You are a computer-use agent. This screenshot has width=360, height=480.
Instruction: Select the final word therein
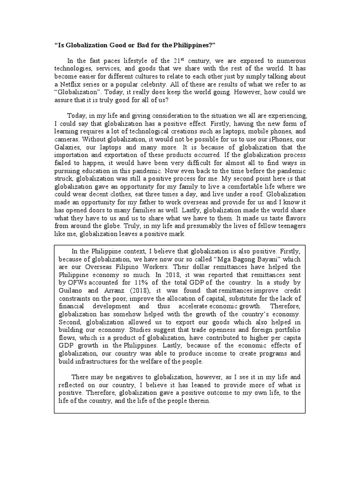coord(198,402)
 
